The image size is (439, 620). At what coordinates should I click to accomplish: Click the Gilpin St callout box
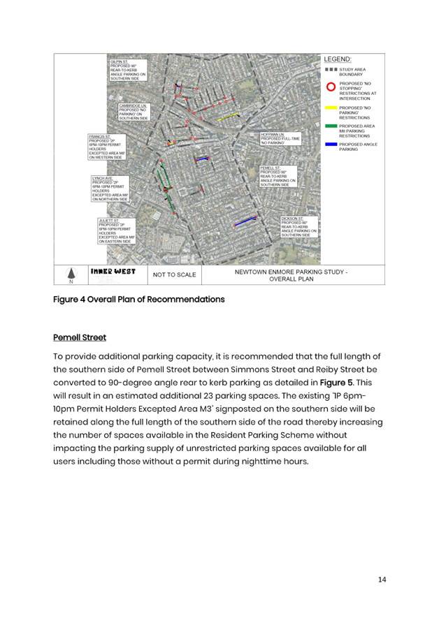pos(127,71)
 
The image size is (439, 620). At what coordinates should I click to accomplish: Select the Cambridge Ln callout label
pos(133,112)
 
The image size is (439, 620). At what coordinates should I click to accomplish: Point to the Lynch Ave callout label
pos(110,189)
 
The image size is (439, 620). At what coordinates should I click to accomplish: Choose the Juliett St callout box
pos(116,231)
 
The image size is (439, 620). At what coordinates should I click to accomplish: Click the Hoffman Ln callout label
pos(280,138)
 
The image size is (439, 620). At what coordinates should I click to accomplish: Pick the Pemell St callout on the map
pos(278,177)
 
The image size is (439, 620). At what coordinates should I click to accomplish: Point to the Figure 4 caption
pos(139,300)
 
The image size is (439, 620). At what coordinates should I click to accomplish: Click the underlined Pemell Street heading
pos(80,338)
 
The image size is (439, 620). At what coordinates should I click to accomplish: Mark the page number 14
pos(382,580)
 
